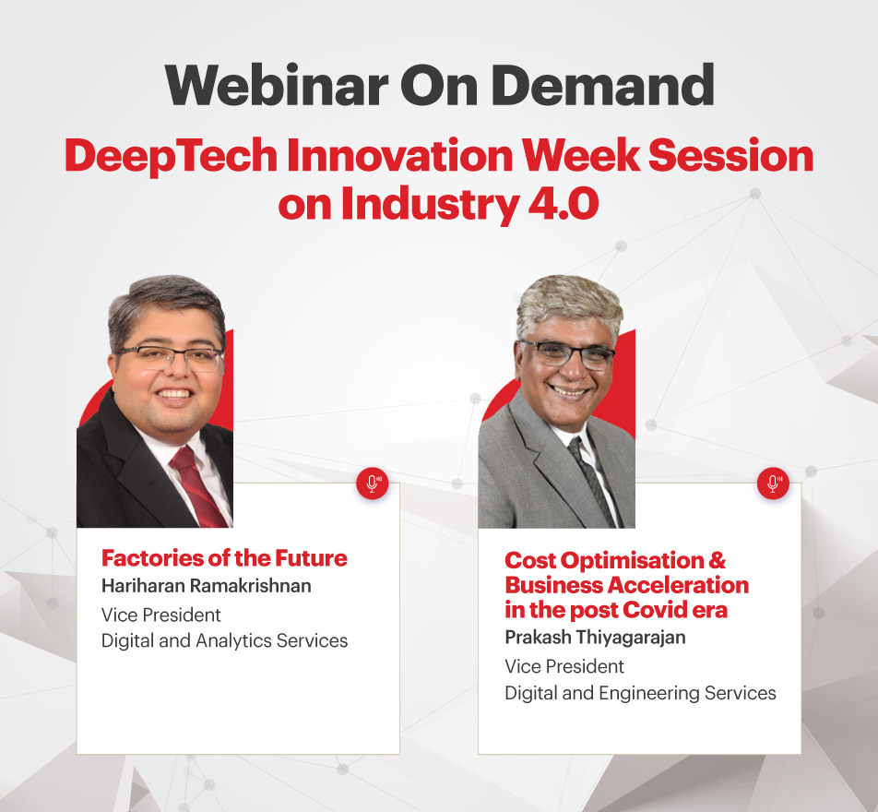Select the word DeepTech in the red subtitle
click(x=172, y=156)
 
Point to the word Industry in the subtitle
click(x=430, y=205)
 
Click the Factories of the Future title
click(x=224, y=558)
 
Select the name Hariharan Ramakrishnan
click(x=206, y=586)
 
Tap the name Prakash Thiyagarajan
click(x=595, y=638)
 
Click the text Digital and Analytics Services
click(x=224, y=640)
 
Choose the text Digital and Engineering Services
click(x=641, y=693)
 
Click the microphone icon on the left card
click(x=373, y=484)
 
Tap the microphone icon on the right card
click(x=773, y=484)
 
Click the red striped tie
click(x=197, y=486)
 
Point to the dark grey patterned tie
click(x=591, y=481)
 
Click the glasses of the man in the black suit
click(x=171, y=357)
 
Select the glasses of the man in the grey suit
click(x=567, y=353)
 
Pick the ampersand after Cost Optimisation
click(x=718, y=560)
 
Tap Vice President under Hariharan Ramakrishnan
click(x=161, y=615)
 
